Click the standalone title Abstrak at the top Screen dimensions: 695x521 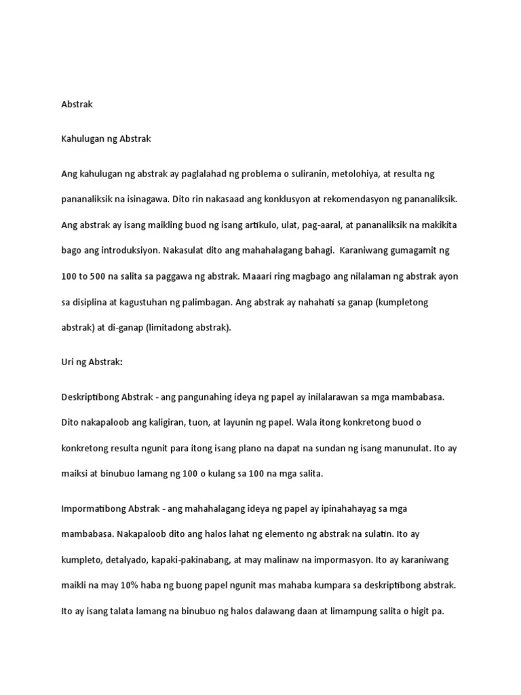tap(77, 105)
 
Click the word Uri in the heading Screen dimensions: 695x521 tap(68, 362)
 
